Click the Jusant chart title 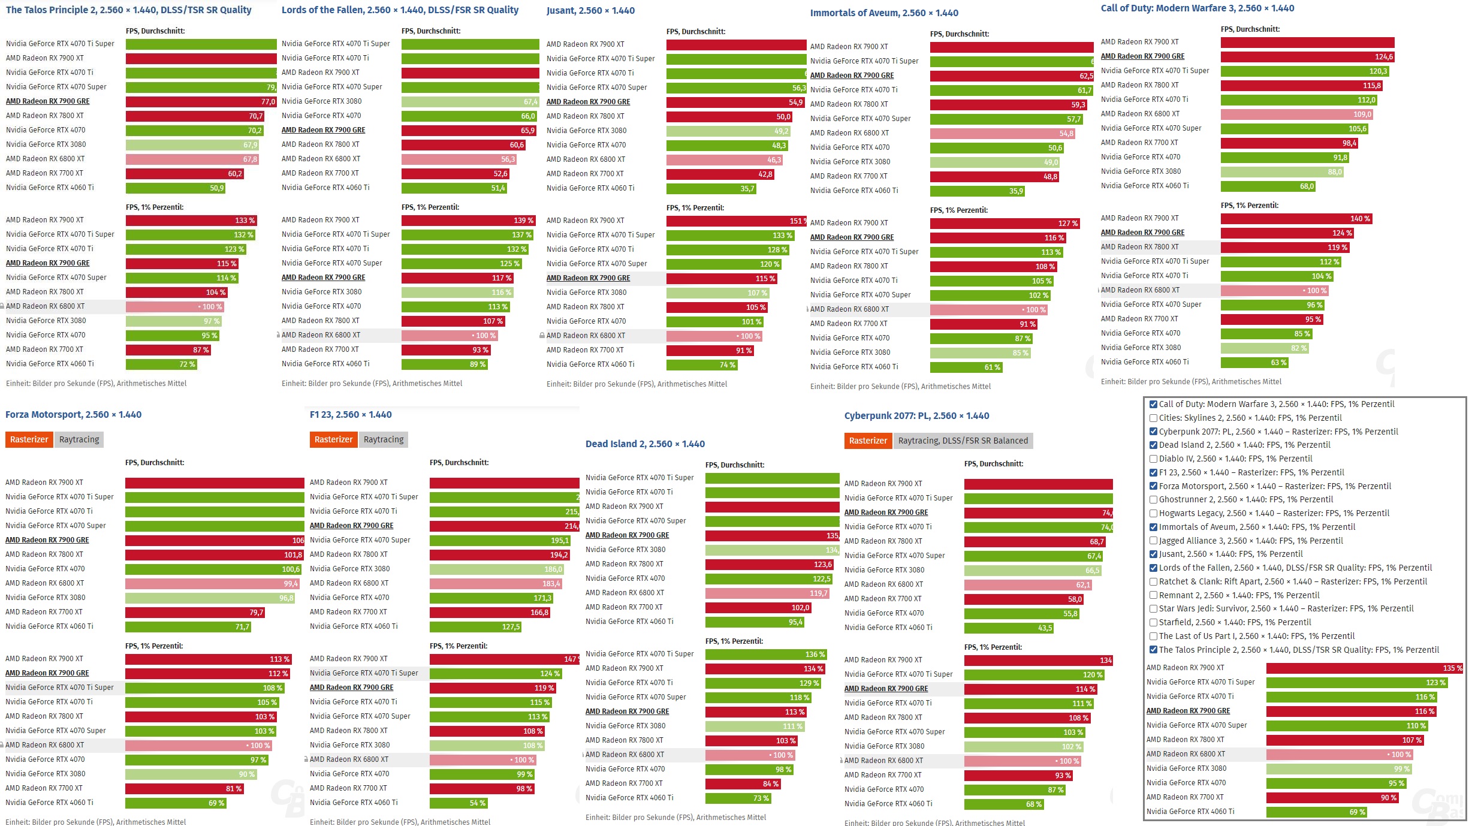point(590,10)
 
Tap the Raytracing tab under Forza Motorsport point(79,439)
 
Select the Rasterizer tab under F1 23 point(333,439)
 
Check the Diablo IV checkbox point(1153,459)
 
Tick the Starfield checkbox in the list point(1153,622)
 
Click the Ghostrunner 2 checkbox point(1153,499)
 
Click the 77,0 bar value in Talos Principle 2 point(201,102)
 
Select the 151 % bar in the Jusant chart point(736,221)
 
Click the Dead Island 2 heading point(645,444)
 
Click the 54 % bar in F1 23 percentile point(459,803)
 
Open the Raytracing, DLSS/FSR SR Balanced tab point(963,441)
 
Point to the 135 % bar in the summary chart point(1364,668)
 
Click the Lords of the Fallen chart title point(400,10)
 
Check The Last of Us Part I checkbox point(1153,636)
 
